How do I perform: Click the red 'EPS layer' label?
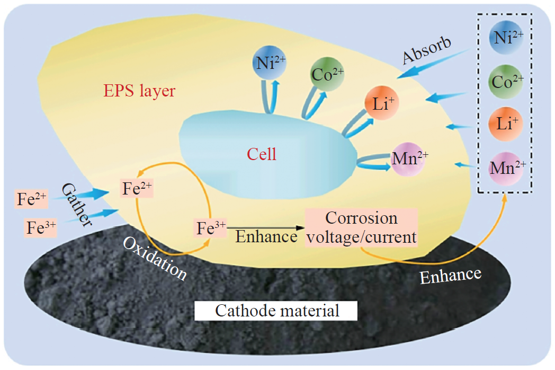click(139, 92)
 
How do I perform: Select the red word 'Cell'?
click(262, 155)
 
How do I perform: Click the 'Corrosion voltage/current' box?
click(361, 228)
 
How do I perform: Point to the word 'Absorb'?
click(426, 50)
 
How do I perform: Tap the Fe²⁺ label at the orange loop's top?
click(137, 189)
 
